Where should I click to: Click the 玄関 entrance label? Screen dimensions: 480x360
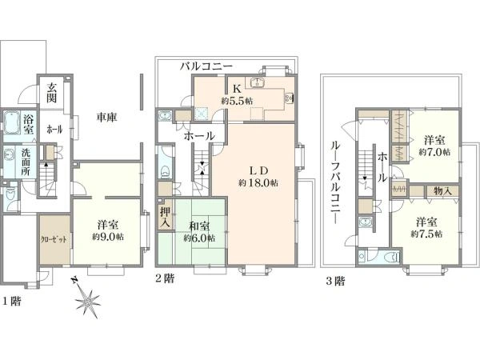pos(52,92)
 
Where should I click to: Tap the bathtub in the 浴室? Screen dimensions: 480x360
pos(12,122)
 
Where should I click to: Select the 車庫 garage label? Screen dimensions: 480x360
pos(106,118)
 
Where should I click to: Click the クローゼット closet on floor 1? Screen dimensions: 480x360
pos(54,239)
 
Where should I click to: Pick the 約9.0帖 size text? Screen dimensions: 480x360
pos(108,237)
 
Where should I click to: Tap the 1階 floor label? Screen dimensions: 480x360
pos(12,302)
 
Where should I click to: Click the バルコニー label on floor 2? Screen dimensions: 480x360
pos(206,66)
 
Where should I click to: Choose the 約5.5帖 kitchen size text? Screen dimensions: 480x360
pos(238,101)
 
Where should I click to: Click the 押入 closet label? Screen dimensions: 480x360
pos(165,218)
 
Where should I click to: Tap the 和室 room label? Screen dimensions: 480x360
pos(199,226)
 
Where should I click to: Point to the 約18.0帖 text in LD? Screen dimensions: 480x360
pos(258,183)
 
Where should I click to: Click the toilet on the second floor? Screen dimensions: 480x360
pos(165,171)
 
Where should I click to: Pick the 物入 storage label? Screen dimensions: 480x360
pos(442,191)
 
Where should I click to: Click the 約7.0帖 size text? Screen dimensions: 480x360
pos(434,152)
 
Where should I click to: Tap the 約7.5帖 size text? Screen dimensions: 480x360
pos(426,234)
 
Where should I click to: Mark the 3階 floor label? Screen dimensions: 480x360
pos(335,281)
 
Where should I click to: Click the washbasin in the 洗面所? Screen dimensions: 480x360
pos(9,154)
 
